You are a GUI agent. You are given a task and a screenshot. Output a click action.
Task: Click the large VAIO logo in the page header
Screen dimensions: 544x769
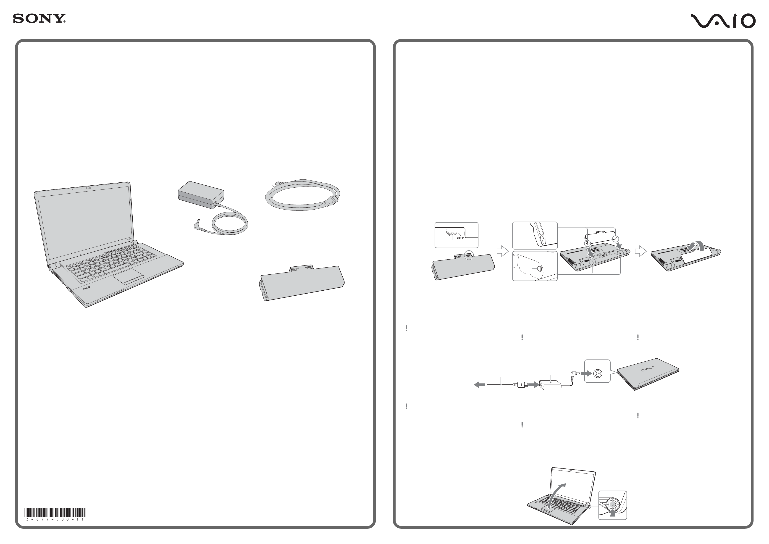pyautogui.click(x=723, y=21)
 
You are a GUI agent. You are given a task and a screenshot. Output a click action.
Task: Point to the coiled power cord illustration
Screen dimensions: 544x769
pyautogui.click(x=302, y=195)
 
